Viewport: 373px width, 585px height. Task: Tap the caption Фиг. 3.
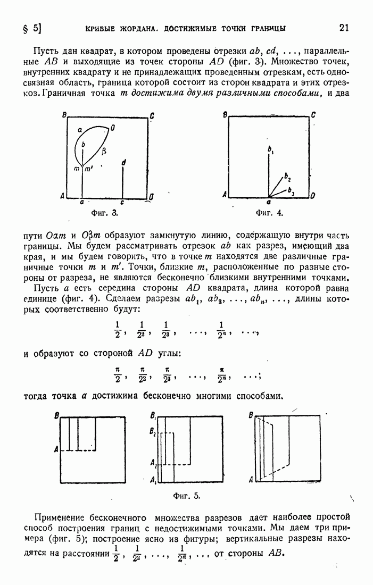(105, 213)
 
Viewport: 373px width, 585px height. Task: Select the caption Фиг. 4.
(269, 213)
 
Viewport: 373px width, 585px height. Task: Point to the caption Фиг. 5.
(187, 496)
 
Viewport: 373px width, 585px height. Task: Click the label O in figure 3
(113, 128)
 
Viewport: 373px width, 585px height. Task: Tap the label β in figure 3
(104, 151)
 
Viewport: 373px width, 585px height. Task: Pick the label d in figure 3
(123, 162)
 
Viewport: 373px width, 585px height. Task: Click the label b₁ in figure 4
(270, 151)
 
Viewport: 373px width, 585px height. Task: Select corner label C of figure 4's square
(313, 115)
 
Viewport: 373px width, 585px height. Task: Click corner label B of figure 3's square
(64, 115)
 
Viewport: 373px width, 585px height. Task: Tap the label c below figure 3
(122, 203)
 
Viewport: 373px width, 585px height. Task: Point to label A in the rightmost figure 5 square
(251, 480)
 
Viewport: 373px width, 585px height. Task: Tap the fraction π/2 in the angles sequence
(117, 374)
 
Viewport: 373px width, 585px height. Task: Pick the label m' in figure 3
(88, 169)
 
